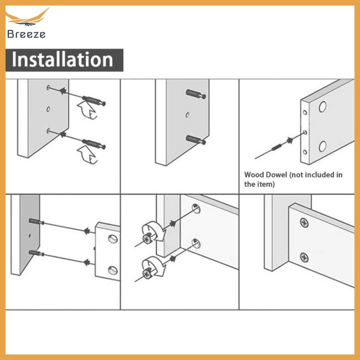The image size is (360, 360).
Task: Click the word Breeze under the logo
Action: [x=26, y=34]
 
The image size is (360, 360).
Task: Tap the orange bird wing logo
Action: [x=27, y=17]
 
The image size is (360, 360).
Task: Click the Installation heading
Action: [x=62, y=59]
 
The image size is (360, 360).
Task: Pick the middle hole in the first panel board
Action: [x=48, y=109]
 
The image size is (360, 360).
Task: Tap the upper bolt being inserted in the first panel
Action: [x=94, y=101]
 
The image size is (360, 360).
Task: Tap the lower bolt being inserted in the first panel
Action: [x=94, y=143]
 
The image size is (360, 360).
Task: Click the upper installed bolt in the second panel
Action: [x=196, y=94]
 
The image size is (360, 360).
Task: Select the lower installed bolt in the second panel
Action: [x=196, y=140]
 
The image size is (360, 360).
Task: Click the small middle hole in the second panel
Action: [x=188, y=115]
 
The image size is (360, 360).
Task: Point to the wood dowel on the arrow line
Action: [x=277, y=147]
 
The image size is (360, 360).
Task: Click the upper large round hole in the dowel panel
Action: [x=322, y=106]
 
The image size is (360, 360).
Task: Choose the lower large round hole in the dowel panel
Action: [x=322, y=146]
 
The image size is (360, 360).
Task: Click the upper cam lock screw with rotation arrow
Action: [x=152, y=233]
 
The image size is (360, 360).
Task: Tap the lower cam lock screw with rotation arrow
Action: [x=152, y=267]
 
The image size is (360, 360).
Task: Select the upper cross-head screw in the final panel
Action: [x=304, y=223]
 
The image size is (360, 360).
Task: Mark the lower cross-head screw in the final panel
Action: [x=304, y=258]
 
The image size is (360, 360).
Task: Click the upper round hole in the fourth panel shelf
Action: [x=113, y=239]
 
